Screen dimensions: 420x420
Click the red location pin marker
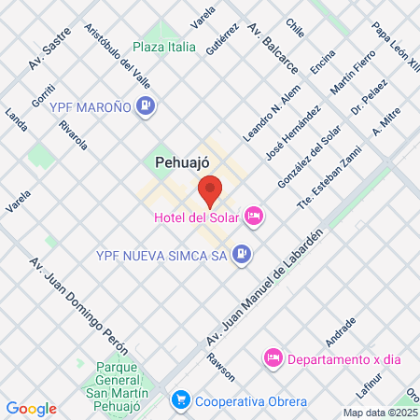pyautogui.click(x=210, y=189)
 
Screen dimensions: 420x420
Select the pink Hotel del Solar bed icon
pyautogui.click(x=254, y=218)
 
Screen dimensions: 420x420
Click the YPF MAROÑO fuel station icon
pyautogui.click(x=145, y=105)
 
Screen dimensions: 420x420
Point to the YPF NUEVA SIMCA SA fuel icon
pyautogui.click(x=242, y=253)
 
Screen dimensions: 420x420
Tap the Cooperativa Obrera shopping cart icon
pyautogui.click(x=181, y=401)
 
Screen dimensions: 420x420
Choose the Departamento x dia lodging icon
pyautogui.click(x=273, y=357)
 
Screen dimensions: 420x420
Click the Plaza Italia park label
pyautogui.click(x=164, y=47)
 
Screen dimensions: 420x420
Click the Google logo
pyautogui.click(x=32, y=408)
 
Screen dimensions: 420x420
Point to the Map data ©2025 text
pyautogui.click(x=381, y=413)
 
